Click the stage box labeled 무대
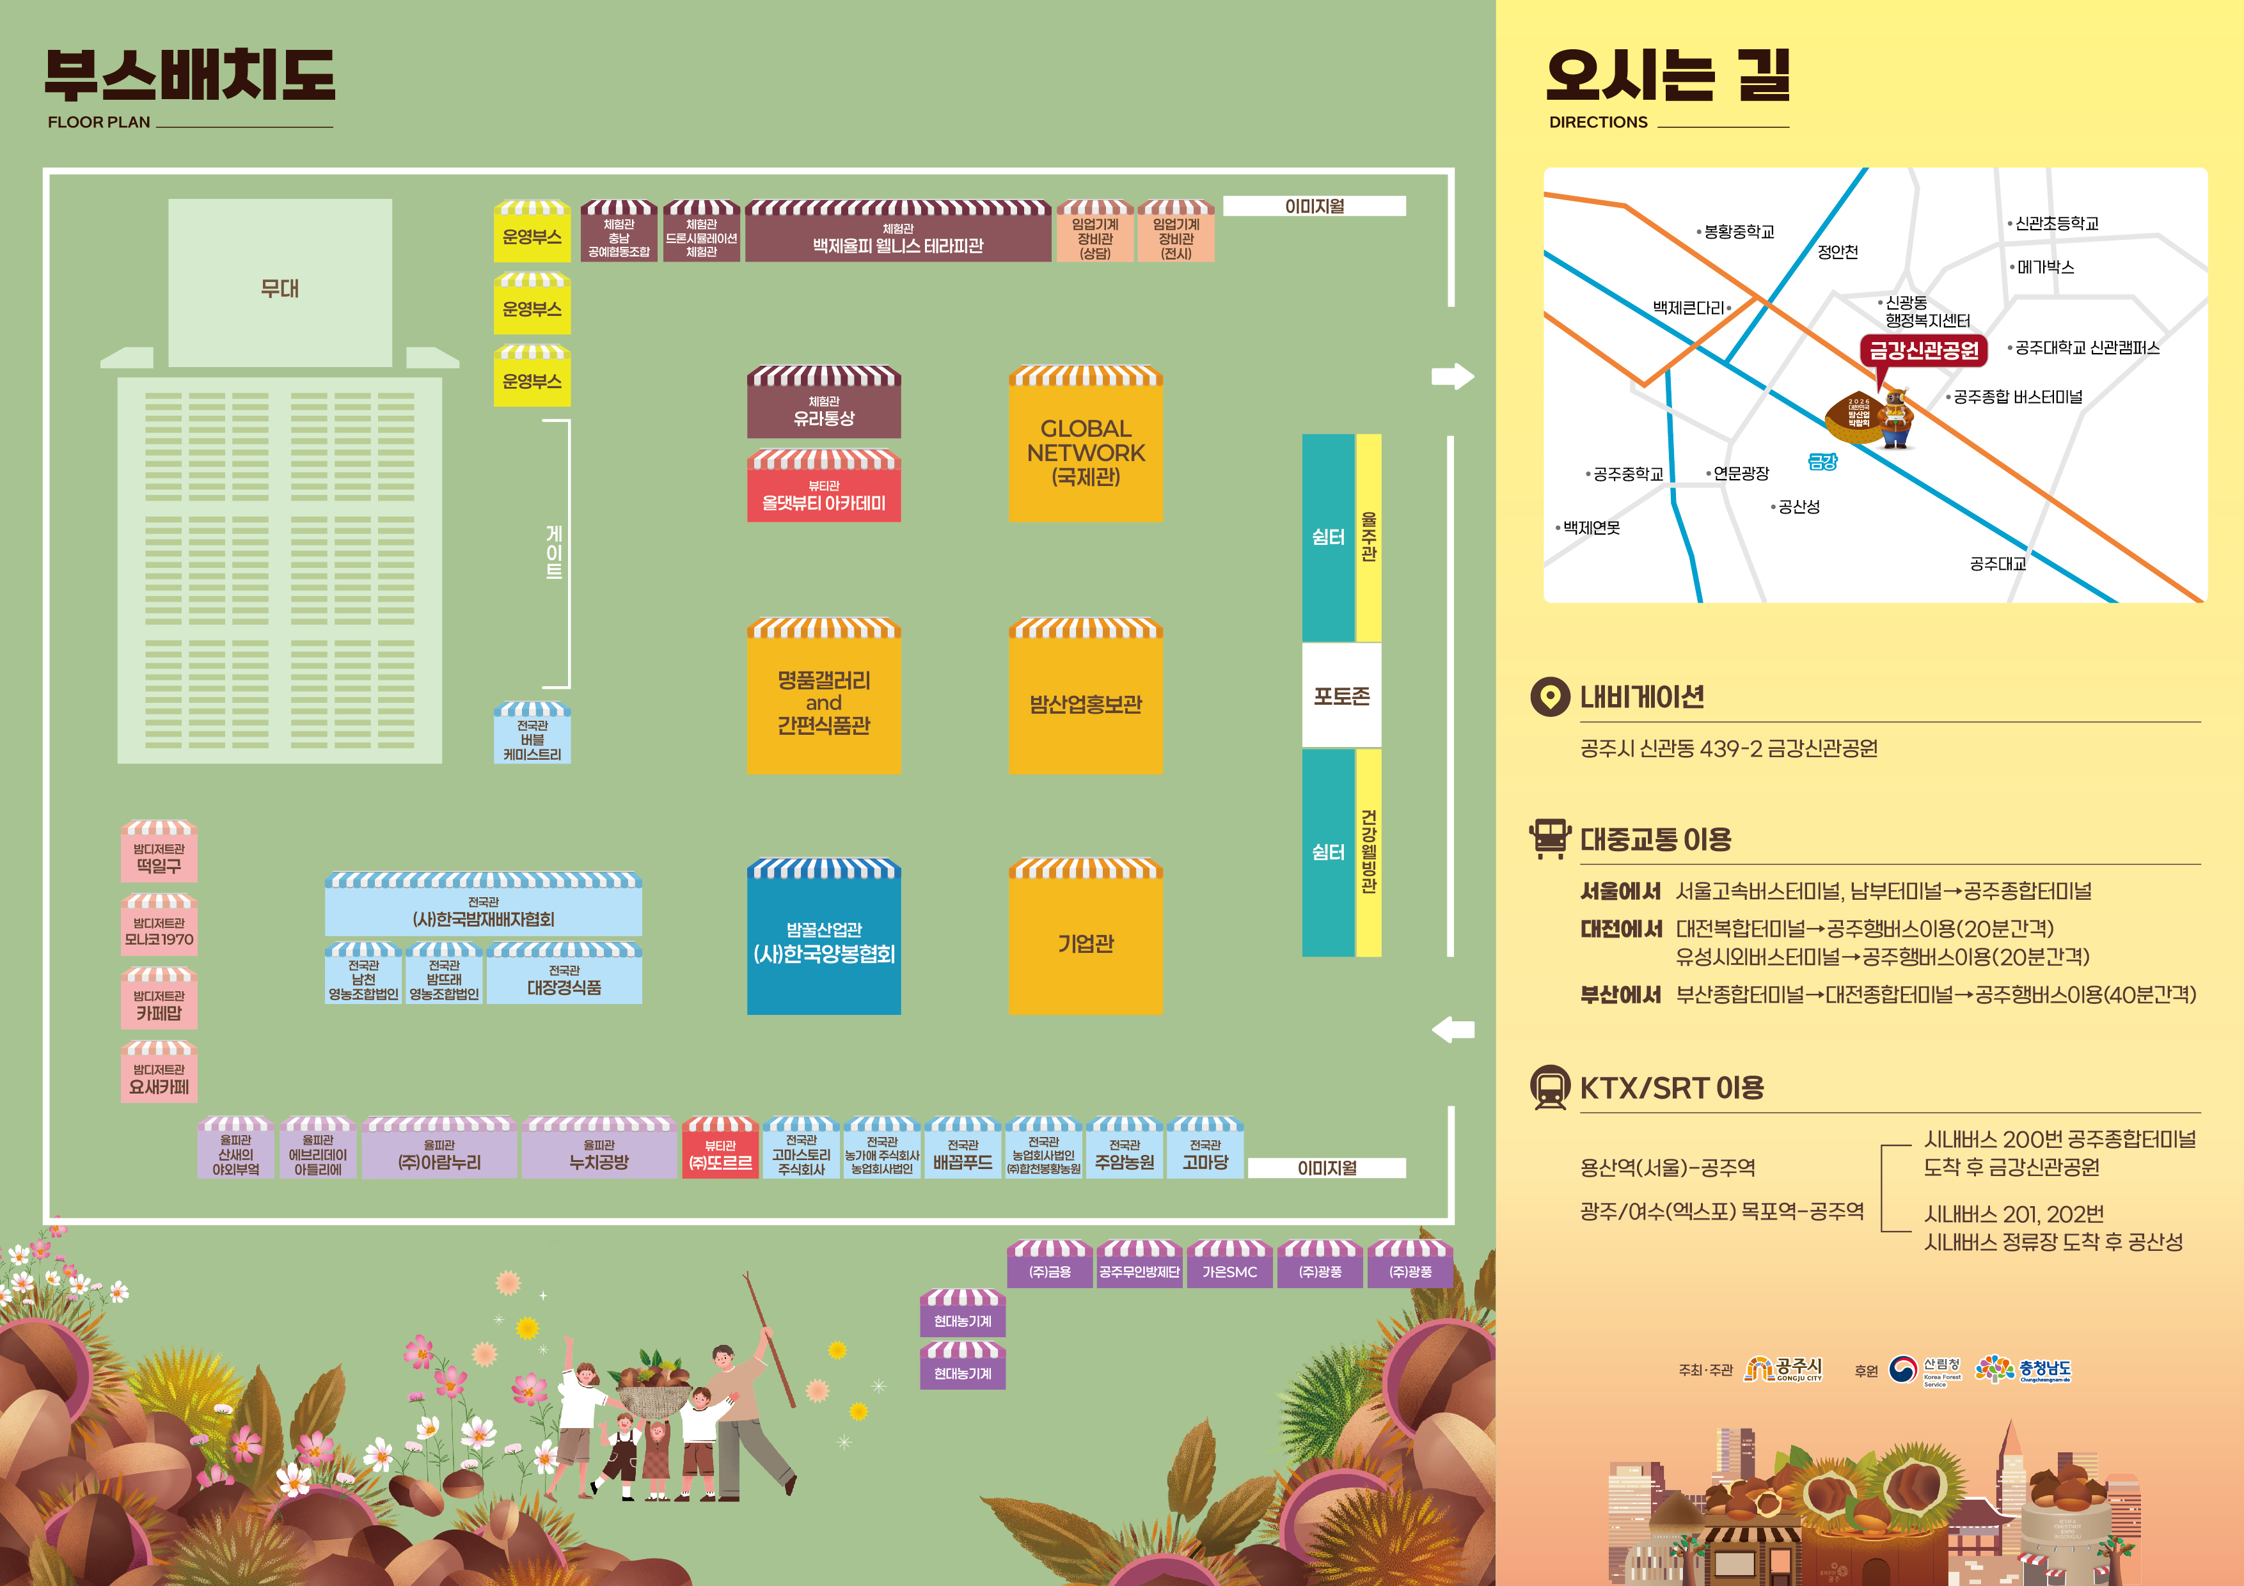tap(280, 285)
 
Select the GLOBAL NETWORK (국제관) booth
tap(1085, 451)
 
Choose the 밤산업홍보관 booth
tap(1085, 703)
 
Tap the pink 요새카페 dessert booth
tap(159, 1079)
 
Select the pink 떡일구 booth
tap(159, 858)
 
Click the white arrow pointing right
tap(1452, 376)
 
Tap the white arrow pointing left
tap(1452, 1029)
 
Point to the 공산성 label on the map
tap(1798, 506)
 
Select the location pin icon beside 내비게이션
tap(1549, 696)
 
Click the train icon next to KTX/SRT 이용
tap(1549, 1087)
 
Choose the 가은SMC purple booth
tap(1229, 1269)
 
